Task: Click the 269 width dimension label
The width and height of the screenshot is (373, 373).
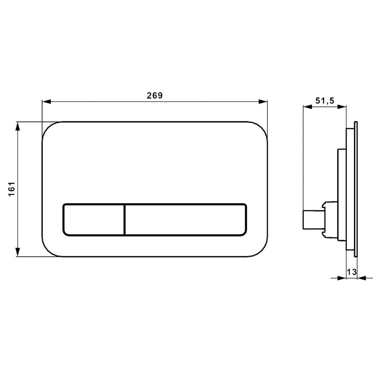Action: click(155, 95)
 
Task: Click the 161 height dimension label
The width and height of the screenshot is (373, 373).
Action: click(12, 189)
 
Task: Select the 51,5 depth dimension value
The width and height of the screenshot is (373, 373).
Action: click(325, 101)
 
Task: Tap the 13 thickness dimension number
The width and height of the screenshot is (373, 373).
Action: click(352, 272)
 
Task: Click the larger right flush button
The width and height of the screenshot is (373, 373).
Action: click(186, 219)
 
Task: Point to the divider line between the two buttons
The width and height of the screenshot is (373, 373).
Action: click(125, 219)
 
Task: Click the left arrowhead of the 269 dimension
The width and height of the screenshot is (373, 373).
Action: click(46, 102)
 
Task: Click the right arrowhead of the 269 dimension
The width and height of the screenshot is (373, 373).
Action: click(263, 102)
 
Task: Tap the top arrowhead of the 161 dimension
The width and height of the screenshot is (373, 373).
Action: click(18, 127)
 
